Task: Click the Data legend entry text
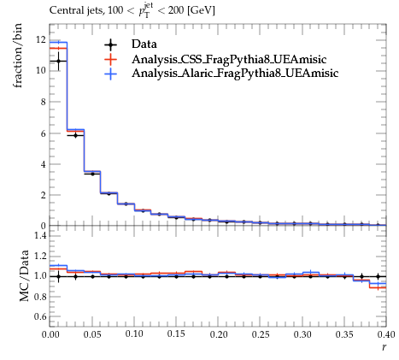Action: coord(144,44)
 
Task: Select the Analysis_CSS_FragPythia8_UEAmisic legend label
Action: coord(229,60)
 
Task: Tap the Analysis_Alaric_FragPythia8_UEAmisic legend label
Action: coord(235,74)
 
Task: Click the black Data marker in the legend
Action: coord(110,44)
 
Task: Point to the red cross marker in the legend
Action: coord(110,59)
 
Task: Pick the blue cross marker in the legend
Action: coord(110,74)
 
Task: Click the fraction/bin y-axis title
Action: coord(17,56)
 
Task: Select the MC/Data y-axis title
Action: coord(25,275)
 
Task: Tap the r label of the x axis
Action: coord(384,347)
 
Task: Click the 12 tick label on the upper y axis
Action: coord(41,40)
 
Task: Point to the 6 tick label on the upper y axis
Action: coord(44,133)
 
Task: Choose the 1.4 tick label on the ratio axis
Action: coord(40,235)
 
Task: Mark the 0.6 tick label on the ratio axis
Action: coord(40,316)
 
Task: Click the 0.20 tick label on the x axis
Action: coord(219,334)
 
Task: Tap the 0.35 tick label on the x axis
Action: coord(344,334)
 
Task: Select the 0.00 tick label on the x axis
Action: coord(50,334)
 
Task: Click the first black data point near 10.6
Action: coord(58,61)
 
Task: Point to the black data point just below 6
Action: coord(75,136)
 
